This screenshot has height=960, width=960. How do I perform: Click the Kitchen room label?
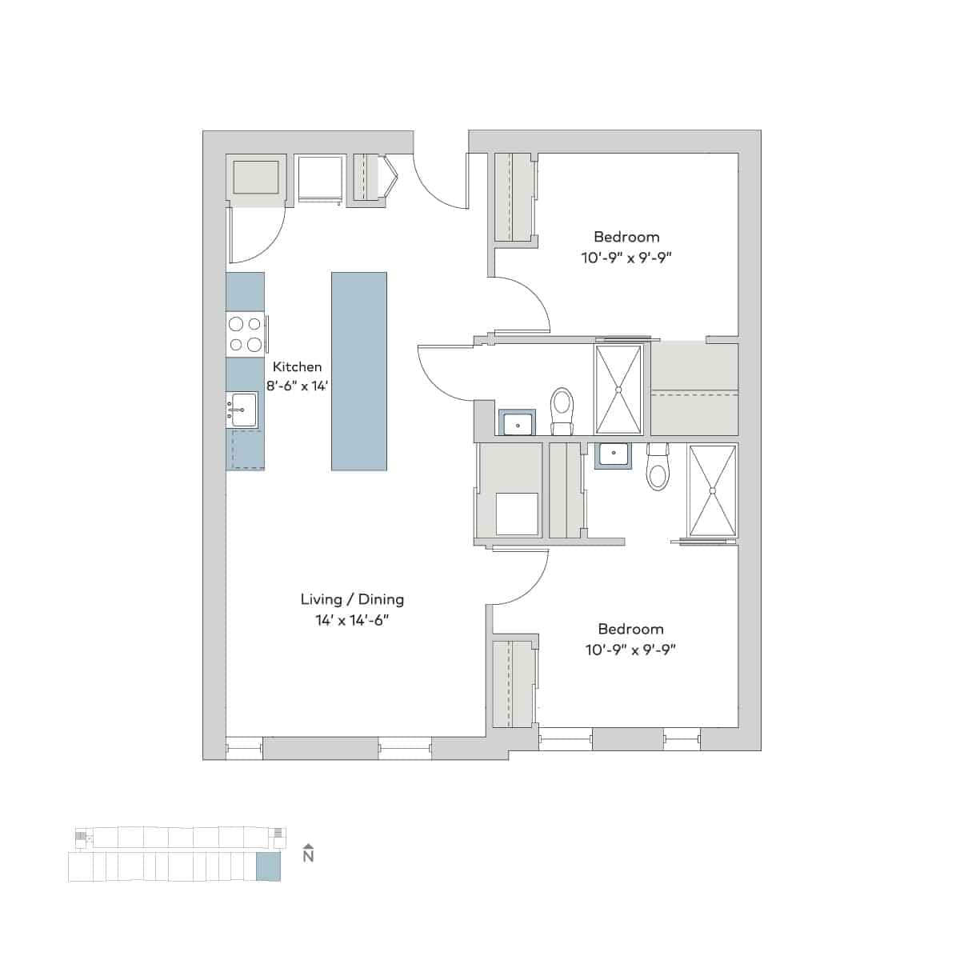point(297,366)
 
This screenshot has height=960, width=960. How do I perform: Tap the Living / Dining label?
point(352,599)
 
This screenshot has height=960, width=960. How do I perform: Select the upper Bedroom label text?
point(626,237)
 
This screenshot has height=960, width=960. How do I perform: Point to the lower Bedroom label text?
point(630,630)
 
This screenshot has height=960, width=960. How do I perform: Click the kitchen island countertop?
point(359,370)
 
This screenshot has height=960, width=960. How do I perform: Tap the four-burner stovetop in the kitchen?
point(246,334)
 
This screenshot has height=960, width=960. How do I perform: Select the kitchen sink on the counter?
point(242,410)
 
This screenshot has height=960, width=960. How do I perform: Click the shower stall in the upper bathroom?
point(618,390)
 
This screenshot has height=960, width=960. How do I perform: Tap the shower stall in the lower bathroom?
point(712,490)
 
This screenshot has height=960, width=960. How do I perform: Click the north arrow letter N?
point(308,857)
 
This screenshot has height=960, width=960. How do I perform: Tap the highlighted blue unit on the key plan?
point(268,866)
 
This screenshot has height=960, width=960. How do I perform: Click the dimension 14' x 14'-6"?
point(352,620)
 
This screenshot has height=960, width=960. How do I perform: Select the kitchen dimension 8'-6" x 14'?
point(298,385)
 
